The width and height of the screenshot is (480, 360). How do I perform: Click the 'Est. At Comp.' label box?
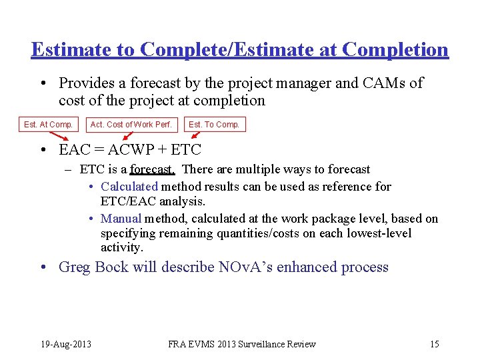tap(48, 124)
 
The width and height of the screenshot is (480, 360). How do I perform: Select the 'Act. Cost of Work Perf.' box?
tap(131, 124)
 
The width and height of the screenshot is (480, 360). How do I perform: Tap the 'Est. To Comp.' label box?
tap(214, 124)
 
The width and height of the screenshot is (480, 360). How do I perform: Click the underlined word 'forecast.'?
tap(152, 169)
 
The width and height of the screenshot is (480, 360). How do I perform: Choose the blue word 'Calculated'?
tap(129, 187)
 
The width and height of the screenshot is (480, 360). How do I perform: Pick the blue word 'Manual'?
tap(121, 219)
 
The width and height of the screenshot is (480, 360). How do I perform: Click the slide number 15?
tap(434, 344)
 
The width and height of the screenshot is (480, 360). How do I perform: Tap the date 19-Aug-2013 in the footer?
tap(65, 344)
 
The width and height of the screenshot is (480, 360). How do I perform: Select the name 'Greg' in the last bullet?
tap(74, 267)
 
